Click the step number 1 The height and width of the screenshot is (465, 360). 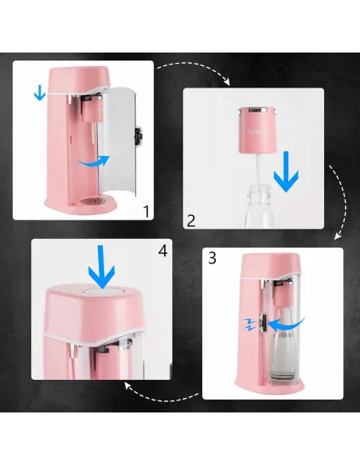tap(147, 212)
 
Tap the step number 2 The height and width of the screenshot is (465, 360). tap(191, 221)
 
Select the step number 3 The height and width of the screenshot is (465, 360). tap(213, 258)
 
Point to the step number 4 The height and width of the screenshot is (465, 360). tap(162, 251)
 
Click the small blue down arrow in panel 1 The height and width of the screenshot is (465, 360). tap(40, 92)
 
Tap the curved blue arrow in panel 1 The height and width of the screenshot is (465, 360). tap(93, 162)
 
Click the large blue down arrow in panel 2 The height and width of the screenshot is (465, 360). tap(286, 171)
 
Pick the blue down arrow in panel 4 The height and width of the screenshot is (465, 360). tap(101, 267)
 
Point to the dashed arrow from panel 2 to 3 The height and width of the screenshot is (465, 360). tap(339, 202)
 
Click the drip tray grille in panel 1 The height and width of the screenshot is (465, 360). tap(94, 201)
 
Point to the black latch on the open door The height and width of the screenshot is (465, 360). tap(139, 136)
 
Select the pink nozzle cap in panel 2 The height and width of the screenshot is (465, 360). tap(257, 130)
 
